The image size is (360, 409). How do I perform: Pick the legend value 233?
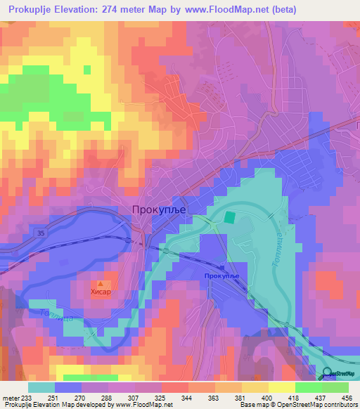(27, 397)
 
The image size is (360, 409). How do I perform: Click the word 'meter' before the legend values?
(11, 397)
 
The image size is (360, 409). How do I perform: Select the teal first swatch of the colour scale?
(41, 387)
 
